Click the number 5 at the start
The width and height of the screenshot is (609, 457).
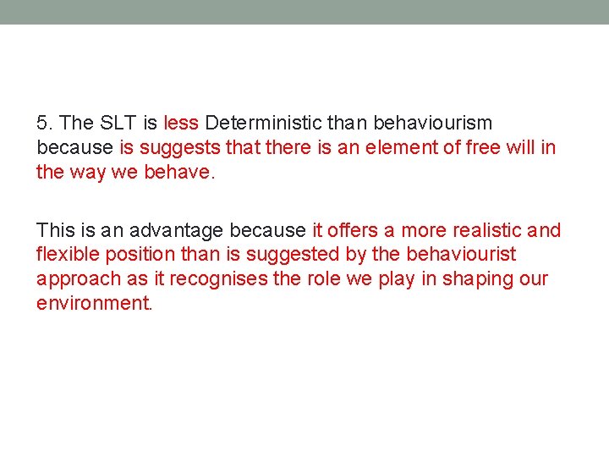tap(41, 123)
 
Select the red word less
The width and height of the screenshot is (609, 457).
tap(181, 123)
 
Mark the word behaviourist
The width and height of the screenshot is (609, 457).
tap(461, 255)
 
